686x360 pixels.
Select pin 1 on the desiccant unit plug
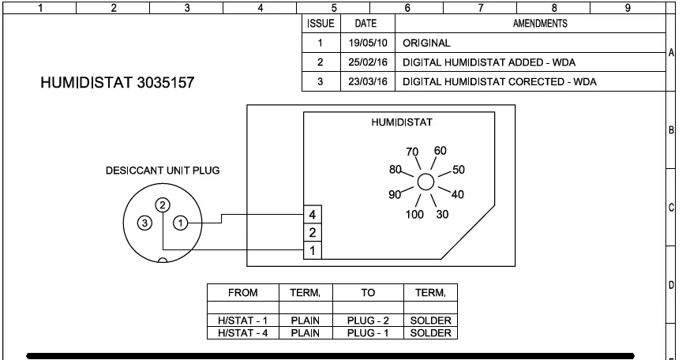pyautogui.click(x=181, y=223)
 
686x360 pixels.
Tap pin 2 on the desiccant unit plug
pyautogui.click(x=162, y=204)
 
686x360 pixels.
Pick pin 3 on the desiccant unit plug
pyautogui.click(x=144, y=223)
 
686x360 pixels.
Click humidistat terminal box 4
pyautogui.click(x=313, y=216)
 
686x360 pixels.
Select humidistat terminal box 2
pyautogui.click(x=313, y=233)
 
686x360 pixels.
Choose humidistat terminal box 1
pyautogui.click(x=313, y=250)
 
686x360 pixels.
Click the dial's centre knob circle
pyautogui.click(x=425, y=182)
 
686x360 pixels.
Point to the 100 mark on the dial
pyautogui.click(x=414, y=215)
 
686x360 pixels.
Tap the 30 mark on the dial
pyautogui.click(x=442, y=215)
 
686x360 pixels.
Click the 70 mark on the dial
pyautogui.click(x=412, y=152)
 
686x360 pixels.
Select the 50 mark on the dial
pyautogui.click(x=459, y=170)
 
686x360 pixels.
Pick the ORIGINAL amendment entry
pyautogui.click(x=426, y=43)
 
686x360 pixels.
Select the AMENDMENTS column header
pyautogui.click(x=540, y=24)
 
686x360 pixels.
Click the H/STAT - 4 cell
pyautogui.click(x=242, y=333)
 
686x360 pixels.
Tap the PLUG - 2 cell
pyautogui.click(x=367, y=321)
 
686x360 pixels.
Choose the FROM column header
pyautogui.click(x=242, y=293)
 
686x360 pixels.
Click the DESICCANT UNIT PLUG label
pyautogui.click(x=163, y=171)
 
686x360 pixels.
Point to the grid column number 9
pyautogui.click(x=627, y=7)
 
